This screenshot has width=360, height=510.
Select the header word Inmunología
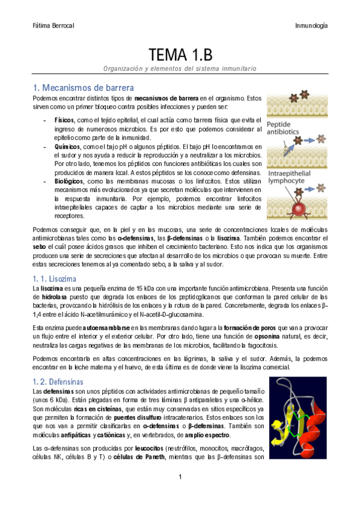[x=311, y=26]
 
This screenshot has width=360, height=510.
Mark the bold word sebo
[x=39, y=239]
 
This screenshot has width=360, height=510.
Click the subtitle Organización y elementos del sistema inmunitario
[x=180, y=69]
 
